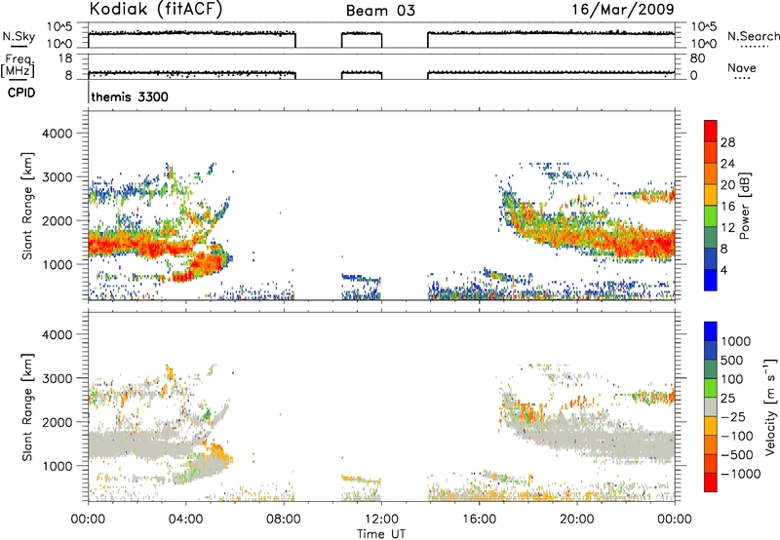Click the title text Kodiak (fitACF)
click(x=155, y=10)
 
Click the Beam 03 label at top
click(x=380, y=11)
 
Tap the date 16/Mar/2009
click(x=623, y=10)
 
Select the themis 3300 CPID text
click(x=130, y=96)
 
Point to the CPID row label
click(x=21, y=93)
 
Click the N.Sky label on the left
click(x=19, y=36)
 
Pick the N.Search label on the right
click(x=754, y=36)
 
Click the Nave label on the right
click(x=742, y=68)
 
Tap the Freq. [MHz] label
click(x=19, y=65)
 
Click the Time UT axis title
click(x=381, y=534)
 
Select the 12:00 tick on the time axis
click(x=381, y=520)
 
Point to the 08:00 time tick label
click(x=284, y=520)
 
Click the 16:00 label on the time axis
click(x=479, y=520)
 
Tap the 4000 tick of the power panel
click(x=57, y=134)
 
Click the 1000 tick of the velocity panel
click(x=57, y=466)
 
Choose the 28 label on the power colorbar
click(x=727, y=142)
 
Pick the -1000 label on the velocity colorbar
click(x=741, y=474)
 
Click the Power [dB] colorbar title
click(x=744, y=206)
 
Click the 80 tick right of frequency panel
click(x=697, y=58)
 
